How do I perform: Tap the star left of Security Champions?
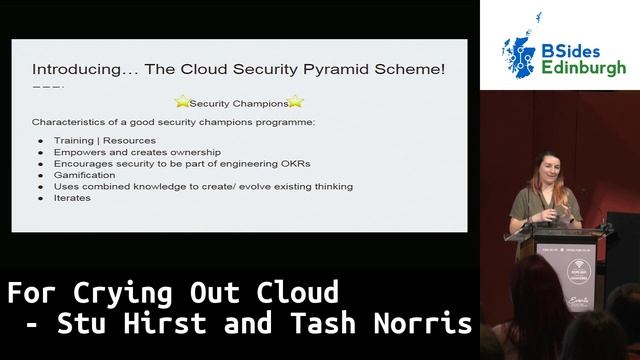pyautogui.click(x=182, y=101)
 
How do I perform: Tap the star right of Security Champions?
pyautogui.click(x=295, y=101)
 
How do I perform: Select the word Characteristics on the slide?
pyautogui.click(x=69, y=122)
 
